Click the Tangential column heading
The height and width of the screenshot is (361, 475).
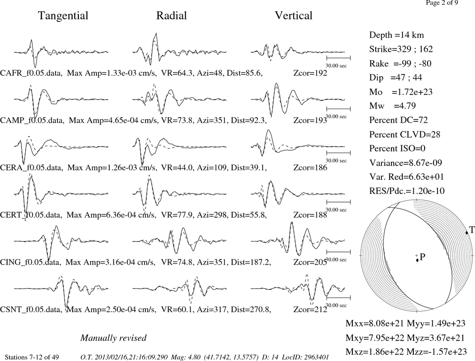point(63,16)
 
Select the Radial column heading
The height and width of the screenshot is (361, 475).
point(171,16)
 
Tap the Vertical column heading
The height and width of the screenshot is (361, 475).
point(294,16)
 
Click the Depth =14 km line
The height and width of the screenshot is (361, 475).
point(397,35)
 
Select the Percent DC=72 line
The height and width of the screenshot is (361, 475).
point(399,120)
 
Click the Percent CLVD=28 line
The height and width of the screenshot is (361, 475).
point(405,134)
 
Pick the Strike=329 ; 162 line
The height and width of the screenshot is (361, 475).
point(401,49)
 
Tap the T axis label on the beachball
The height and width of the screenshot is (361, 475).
point(472,230)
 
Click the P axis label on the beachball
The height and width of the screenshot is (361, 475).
point(423,257)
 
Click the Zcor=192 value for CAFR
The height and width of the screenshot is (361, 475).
point(310,73)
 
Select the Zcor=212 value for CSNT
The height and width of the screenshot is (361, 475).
point(310,310)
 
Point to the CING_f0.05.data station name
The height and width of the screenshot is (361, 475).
point(30,262)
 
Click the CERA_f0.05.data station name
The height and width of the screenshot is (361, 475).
point(31,167)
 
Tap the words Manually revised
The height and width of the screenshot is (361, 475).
point(114,338)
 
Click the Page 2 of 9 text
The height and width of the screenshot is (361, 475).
point(442,3)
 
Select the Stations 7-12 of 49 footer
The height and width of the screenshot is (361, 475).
point(32,357)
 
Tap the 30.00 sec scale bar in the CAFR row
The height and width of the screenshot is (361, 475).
point(338,58)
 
